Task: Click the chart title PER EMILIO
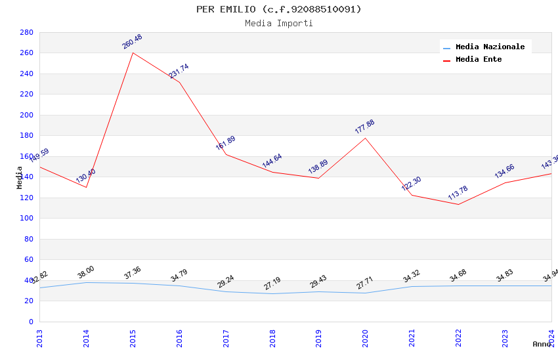[278, 9]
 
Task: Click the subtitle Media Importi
[278, 24]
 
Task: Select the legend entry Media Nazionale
[490, 47]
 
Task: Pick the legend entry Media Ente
[479, 60]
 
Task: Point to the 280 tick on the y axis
[26, 32]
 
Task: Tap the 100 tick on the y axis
[26, 219]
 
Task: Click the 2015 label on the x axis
[133, 337]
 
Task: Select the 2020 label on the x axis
[365, 337]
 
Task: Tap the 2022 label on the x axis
[458, 337]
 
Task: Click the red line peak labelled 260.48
[133, 53]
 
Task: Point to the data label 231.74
[179, 71]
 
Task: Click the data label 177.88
[364, 127]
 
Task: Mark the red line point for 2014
[86, 187]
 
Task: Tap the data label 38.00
[86, 272]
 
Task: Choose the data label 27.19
[272, 284]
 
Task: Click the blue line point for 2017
[226, 291]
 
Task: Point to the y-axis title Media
[20, 177]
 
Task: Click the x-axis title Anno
[542, 344]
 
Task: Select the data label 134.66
[504, 171]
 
